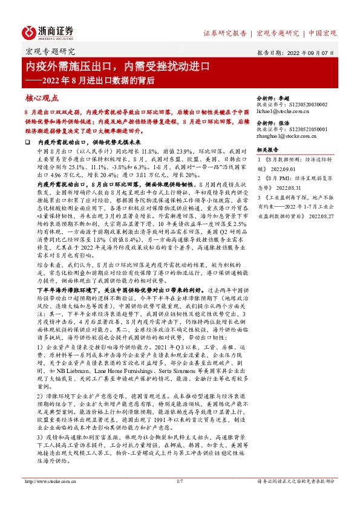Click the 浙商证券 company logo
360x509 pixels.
click(48, 32)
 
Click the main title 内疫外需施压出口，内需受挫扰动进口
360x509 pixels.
click(117, 65)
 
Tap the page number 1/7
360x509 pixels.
click(179, 498)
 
